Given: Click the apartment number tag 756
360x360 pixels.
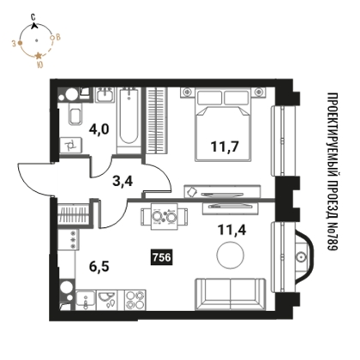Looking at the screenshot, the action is (x=161, y=257).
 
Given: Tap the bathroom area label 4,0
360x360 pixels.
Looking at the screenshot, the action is (x=99, y=130).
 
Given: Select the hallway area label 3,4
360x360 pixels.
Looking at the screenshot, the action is (x=123, y=181).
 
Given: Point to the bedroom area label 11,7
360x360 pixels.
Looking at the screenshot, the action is (x=225, y=147).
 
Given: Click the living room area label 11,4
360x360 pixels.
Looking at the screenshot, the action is (x=232, y=230).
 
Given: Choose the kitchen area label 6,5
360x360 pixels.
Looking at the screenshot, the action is (x=99, y=267).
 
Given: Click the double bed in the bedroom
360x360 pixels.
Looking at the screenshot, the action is (x=223, y=125).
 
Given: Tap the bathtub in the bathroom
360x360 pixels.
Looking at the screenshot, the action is (x=129, y=120).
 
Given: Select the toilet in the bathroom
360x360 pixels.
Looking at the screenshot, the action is (x=75, y=115).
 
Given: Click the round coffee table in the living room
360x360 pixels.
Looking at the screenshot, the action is (x=231, y=255).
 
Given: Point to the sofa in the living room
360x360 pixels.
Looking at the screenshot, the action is (x=230, y=294).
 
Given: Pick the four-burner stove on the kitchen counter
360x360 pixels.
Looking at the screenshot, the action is (x=135, y=300).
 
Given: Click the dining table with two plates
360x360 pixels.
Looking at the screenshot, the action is (x=164, y=216).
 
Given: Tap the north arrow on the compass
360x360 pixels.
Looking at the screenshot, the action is (x=34, y=26).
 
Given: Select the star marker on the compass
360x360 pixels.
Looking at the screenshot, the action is (x=39, y=55).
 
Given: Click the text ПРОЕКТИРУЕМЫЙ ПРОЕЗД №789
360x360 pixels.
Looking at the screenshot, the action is (x=332, y=171).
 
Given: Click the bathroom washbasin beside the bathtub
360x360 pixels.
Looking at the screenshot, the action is (x=105, y=95).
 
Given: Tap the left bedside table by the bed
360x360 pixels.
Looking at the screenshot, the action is (x=187, y=93).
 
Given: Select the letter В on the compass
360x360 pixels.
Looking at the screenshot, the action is (x=57, y=37).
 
